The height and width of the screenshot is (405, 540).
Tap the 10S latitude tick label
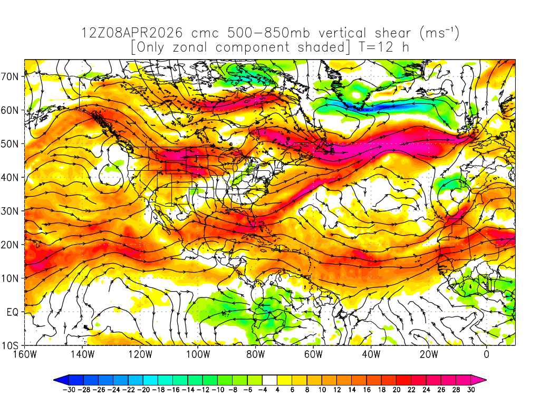coord(11,346)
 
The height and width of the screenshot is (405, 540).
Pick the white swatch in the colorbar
coord(269,380)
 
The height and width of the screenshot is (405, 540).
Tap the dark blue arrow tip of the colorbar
coord(58,380)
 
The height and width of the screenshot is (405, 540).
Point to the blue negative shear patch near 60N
coord(390,107)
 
